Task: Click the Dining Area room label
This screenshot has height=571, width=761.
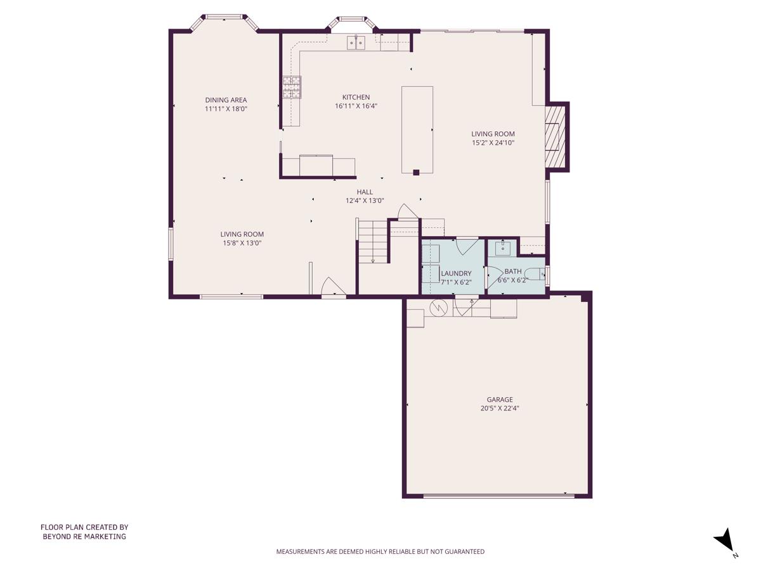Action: tap(226, 100)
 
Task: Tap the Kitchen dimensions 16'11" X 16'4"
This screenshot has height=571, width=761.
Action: tap(356, 106)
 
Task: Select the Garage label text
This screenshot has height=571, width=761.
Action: tap(500, 400)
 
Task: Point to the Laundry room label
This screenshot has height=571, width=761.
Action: tap(456, 273)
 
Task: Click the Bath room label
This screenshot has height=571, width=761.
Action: tap(513, 272)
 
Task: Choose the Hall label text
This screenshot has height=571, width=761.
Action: tap(365, 192)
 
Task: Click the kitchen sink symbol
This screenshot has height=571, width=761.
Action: tap(356, 43)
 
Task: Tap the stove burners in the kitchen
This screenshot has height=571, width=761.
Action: tap(292, 87)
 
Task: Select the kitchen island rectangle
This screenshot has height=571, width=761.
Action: tap(417, 129)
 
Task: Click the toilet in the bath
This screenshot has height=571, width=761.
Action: tap(537, 275)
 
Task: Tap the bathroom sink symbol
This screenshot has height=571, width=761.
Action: tap(503, 247)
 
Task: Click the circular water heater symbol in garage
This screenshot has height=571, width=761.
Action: tap(438, 308)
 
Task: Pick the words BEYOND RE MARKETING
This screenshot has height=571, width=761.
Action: tap(84, 536)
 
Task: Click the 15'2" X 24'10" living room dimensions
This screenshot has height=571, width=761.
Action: tap(493, 143)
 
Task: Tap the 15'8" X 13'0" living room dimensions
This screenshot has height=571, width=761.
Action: tap(242, 242)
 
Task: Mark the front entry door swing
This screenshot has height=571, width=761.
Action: tap(332, 287)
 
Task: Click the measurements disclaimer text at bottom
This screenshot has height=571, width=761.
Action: tap(380, 551)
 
